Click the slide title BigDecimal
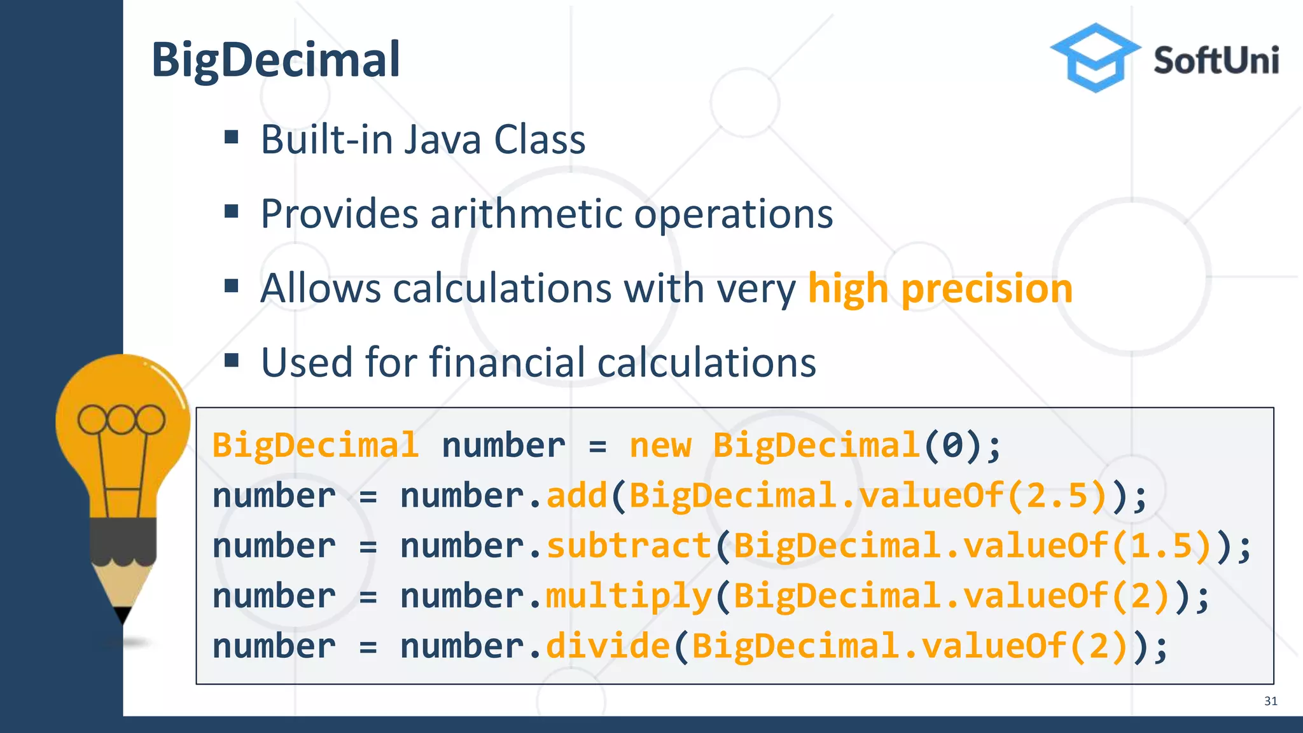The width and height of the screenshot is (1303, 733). click(x=275, y=60)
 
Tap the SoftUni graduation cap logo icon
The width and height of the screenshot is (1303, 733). click(x=1094, y=57)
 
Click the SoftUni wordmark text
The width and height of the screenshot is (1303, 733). click(x=1216, y=61)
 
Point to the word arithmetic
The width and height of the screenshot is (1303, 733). click(x=526, y=214)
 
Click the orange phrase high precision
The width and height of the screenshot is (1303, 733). click(x=940, y=288)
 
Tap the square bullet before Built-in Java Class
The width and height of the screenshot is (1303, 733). click(x=232, y=137)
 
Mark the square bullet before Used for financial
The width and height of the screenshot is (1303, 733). click(x=232, y=361)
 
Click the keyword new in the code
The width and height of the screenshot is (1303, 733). click(x=660, y=445)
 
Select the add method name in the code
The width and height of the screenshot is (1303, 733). click(x=577, y=496)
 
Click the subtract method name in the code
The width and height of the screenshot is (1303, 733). click(x=629, y=546)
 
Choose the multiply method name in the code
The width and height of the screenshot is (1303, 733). click(x=629, y=596)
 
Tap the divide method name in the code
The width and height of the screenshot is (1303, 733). click(x=608, y=646)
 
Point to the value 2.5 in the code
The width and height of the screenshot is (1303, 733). click(x=1057, y=496)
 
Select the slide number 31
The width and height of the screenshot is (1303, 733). click(x=1271, y=701)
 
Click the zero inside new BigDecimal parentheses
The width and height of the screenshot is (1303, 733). click(x=952, y=445)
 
